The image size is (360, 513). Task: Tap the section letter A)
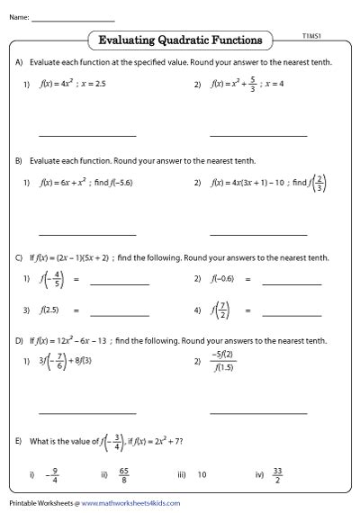pyautogui.click(x=19, y=62)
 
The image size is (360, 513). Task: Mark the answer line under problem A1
pyautogui.click(x=87, y=136)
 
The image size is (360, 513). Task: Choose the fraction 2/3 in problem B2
pyautogui.click(x=320, y=183)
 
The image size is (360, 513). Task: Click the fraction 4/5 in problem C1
pyautogui.click(x=57, y=280)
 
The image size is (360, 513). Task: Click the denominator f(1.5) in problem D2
pyautogui.click(x=220, y=368)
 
